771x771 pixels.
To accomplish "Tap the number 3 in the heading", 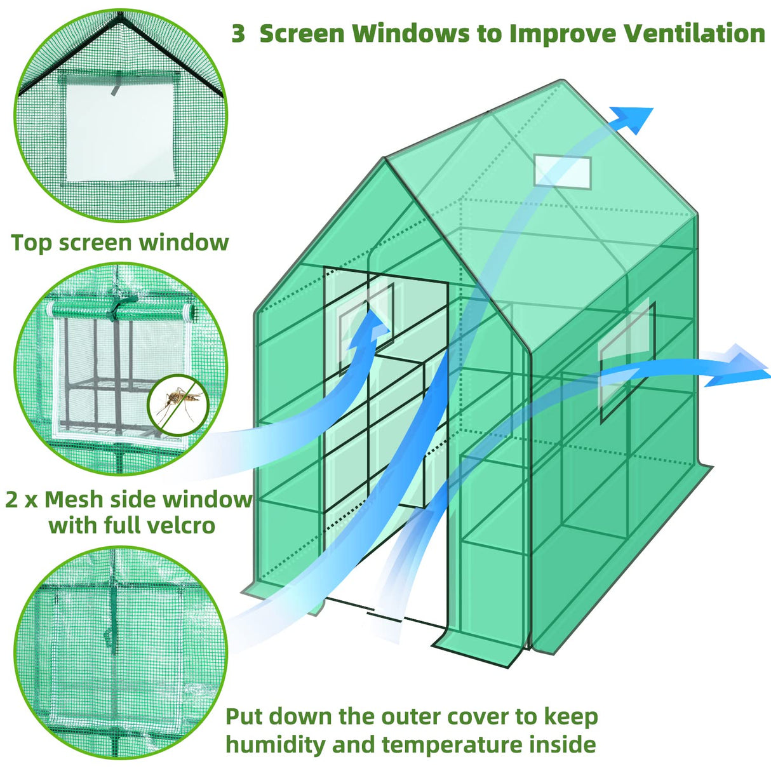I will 238,34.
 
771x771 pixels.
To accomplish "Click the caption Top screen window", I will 119,243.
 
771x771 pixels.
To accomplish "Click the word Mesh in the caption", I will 74,500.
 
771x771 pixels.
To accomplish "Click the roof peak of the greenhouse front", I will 385,159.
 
